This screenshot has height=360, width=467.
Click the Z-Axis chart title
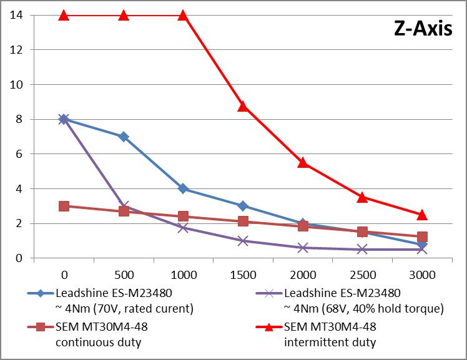point(422,29)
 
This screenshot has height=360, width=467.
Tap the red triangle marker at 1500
point(243,106)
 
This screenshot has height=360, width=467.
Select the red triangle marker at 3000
point(422,215)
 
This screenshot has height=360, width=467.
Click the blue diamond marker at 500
point(124,137)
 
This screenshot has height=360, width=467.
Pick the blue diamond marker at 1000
point(183,188)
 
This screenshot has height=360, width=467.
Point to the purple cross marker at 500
point(124,206)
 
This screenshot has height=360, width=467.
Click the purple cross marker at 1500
point(243,240)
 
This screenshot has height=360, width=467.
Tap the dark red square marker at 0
point(64,206)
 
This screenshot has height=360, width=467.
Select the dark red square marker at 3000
point(422,237)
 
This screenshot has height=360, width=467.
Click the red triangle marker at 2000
point(303,162)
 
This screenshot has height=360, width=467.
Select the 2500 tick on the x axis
point(362,273)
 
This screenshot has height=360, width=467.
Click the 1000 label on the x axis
point(183,273)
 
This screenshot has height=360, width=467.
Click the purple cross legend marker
point(269,292)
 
